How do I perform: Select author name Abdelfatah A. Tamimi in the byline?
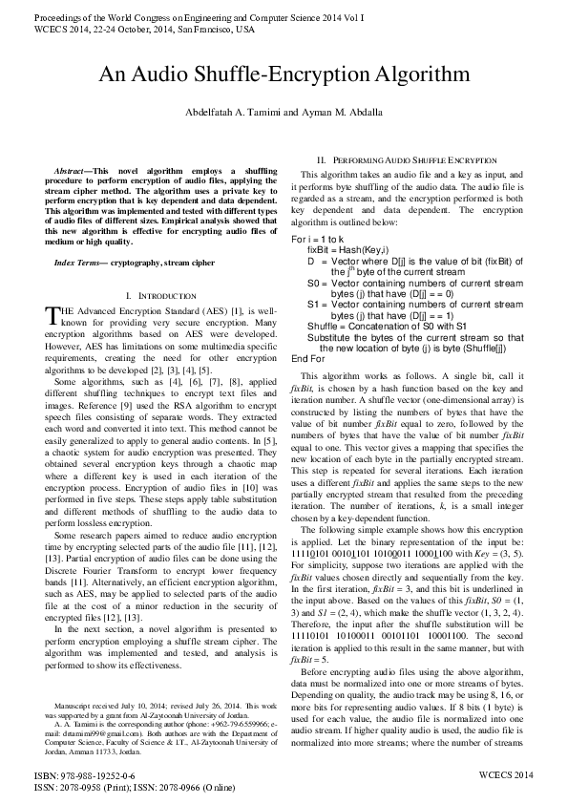(x=238, y=113)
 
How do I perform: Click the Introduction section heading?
(x=168, y=297)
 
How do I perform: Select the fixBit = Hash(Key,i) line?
(x=347, y=247)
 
